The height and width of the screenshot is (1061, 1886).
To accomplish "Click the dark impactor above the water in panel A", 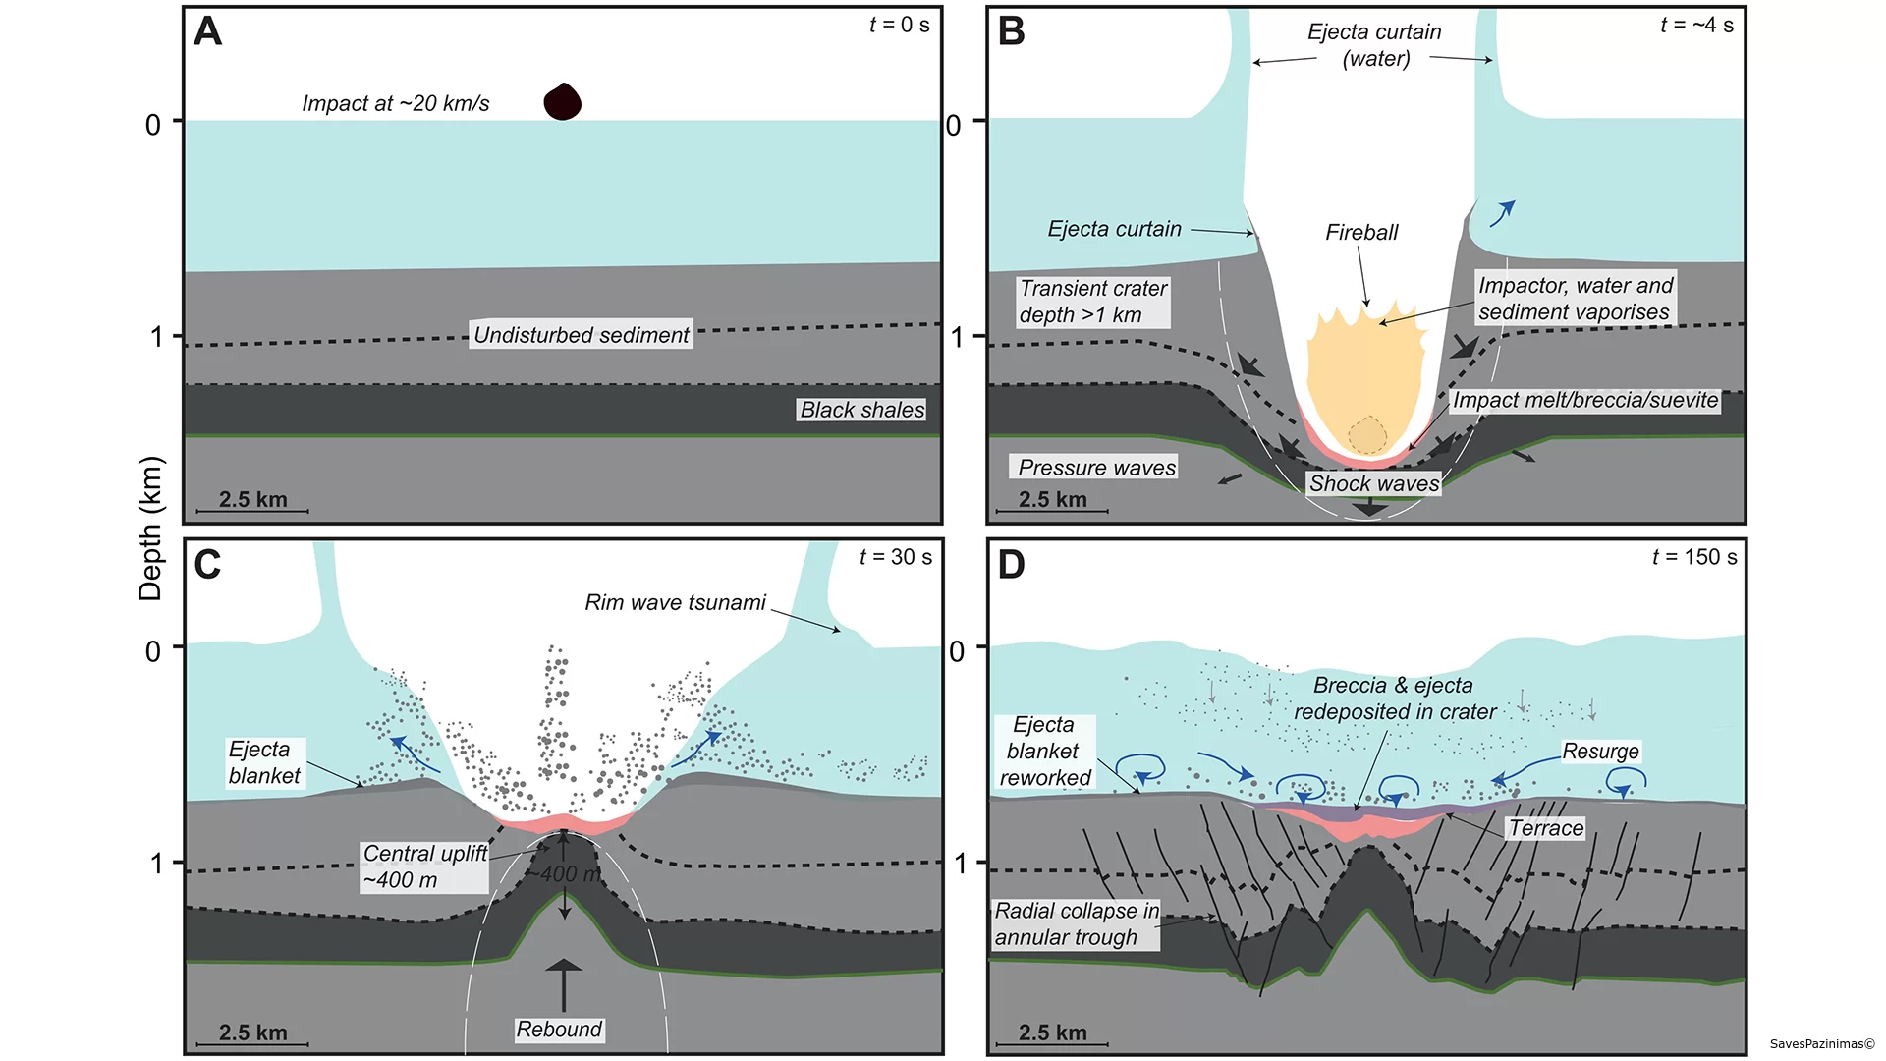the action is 563,101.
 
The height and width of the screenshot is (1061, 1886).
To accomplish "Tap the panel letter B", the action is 1011,31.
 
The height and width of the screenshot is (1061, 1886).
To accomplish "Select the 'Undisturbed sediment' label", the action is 582,335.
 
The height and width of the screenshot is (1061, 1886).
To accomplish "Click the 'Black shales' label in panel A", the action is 862,410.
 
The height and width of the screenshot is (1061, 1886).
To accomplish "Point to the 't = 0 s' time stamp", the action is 900,25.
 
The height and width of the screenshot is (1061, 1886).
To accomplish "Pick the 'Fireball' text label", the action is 1361,233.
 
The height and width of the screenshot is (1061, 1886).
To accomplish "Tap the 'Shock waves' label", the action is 1374,483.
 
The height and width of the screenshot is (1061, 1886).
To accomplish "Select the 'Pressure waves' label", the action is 1094,468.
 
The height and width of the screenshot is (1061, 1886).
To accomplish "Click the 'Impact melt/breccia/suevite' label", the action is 1585,400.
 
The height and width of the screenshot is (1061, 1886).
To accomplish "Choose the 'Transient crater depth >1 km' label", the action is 1093,302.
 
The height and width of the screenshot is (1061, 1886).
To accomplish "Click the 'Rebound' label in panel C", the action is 559,1030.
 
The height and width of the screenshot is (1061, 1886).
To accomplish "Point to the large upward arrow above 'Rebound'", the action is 563,985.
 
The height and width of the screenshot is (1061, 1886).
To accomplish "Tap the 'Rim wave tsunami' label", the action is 675,603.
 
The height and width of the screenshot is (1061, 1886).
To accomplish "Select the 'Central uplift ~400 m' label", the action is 424,866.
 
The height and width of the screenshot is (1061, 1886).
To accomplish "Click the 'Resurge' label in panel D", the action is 1600,752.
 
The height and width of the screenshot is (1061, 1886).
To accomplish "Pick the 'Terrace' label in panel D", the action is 1546,828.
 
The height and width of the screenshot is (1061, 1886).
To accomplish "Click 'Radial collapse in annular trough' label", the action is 1077,924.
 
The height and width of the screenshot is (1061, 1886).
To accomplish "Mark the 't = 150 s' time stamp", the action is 1694,557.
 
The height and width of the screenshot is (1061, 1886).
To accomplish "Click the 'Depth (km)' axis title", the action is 150,529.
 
